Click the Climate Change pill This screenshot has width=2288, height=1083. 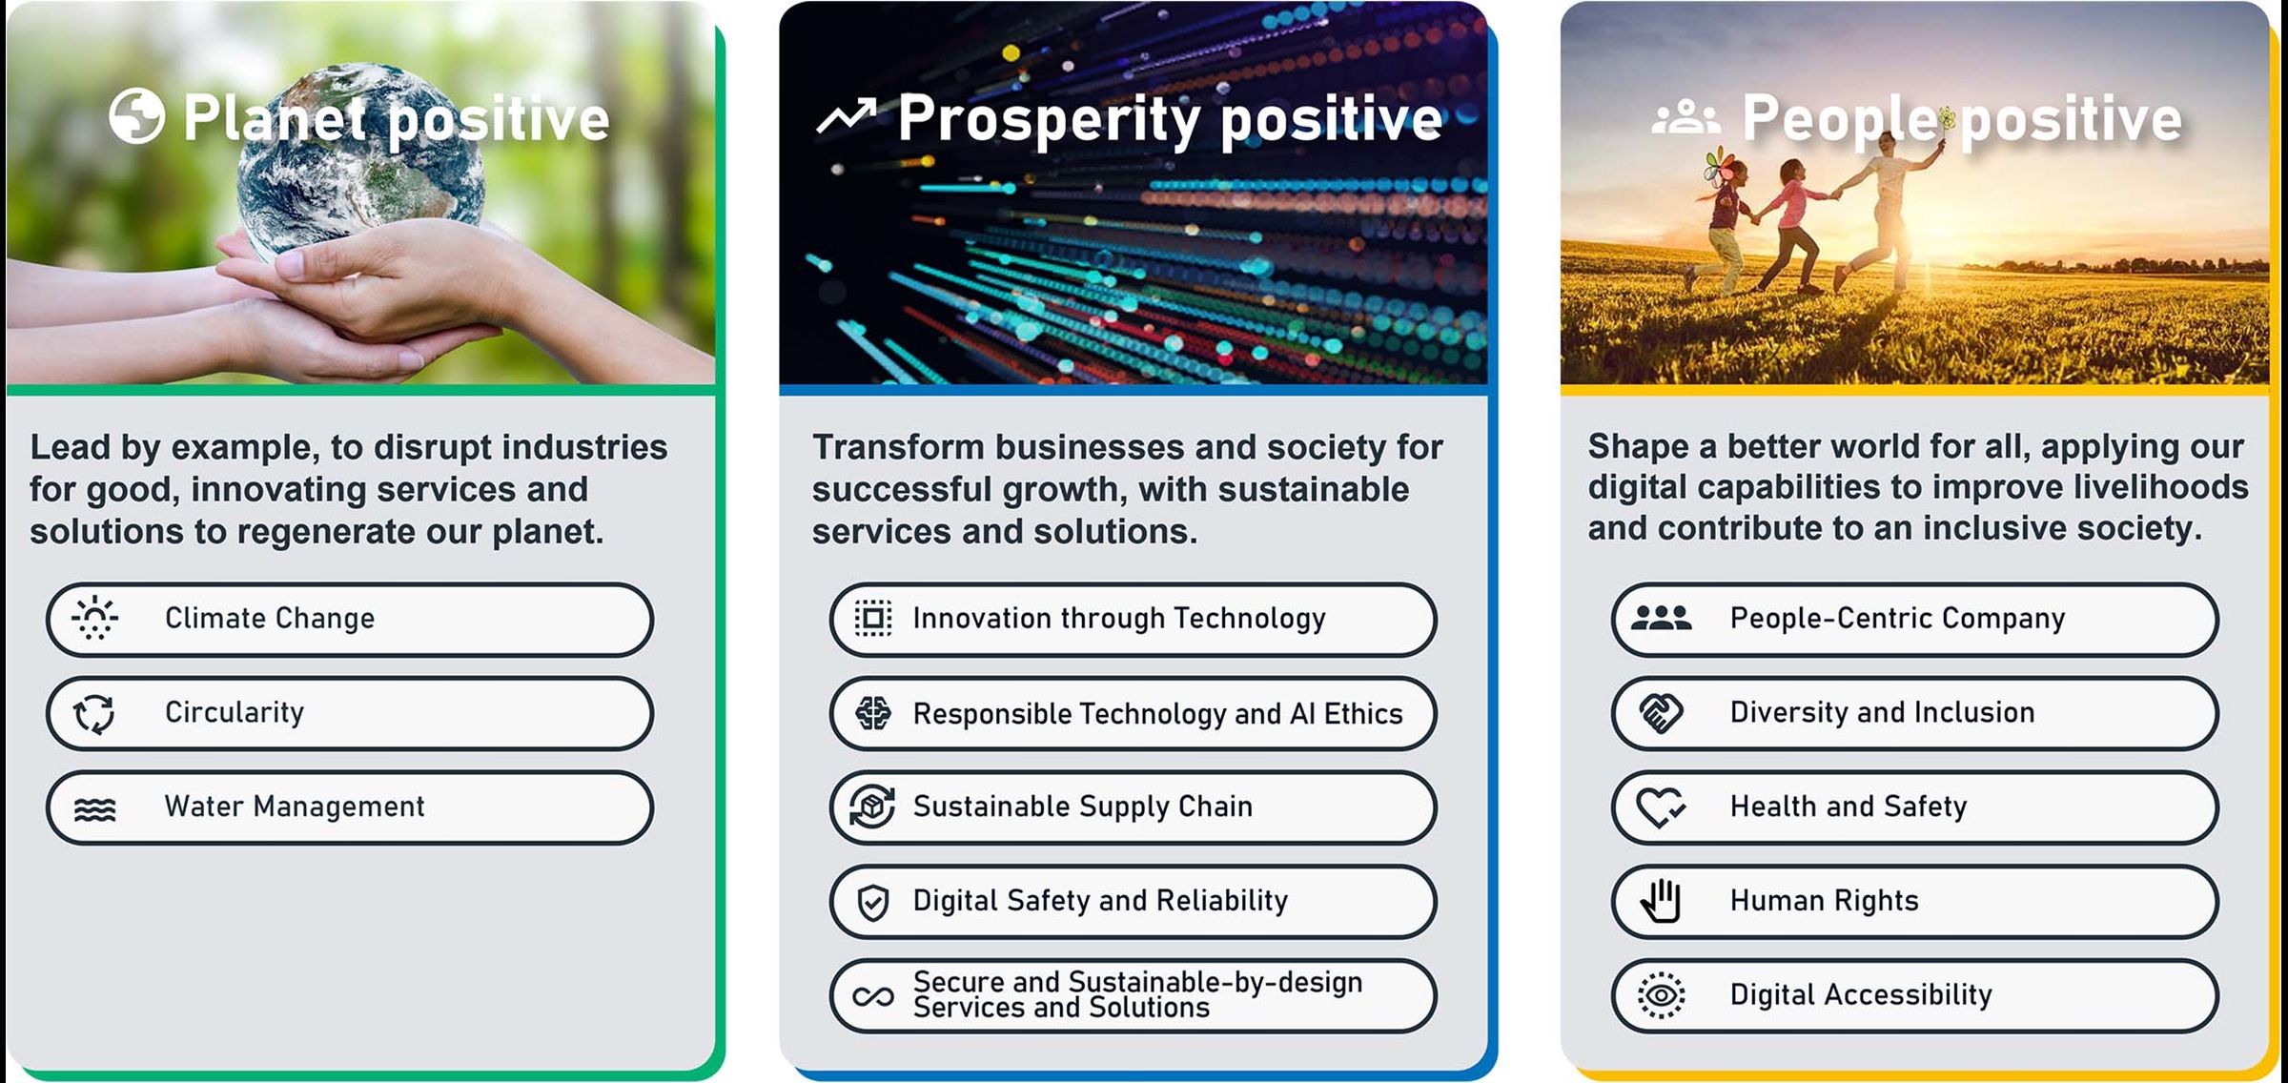click(x=350, y=620)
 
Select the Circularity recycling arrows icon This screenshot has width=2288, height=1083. click(x=94, y=713)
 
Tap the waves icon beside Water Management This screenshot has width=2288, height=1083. click(x=94, y=809)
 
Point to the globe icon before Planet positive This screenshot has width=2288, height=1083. click(x=136, y=116)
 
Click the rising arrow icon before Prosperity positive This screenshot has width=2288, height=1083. click(x=846, y=117)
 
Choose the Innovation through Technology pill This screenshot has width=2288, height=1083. click(x=1133, y=620)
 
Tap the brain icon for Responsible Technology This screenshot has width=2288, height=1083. click(x=872, y=713)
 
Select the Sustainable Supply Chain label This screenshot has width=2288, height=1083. click(x=1082, y=807)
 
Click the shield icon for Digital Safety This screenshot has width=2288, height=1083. click(x=872, y=902)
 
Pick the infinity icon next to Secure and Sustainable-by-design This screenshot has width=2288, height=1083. click(x=872, y=996)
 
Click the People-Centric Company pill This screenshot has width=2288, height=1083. click(x=1915, y=620)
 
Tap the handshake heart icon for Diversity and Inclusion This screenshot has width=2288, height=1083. click(x=1661, y=713)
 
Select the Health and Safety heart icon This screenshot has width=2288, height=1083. click(x=1661, y=807)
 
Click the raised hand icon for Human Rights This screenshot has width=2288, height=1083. click(x=1661, y=901)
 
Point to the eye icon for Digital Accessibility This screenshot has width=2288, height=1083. click(x=1661, y=995)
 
